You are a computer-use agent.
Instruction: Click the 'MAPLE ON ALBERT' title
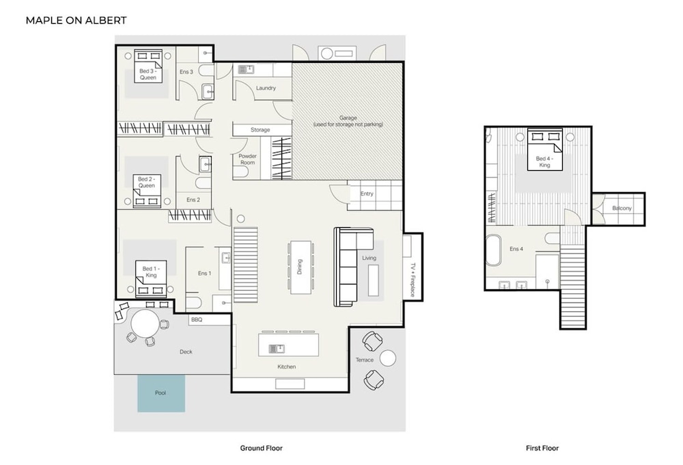coord(76,21)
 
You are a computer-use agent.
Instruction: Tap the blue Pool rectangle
coord(161,393)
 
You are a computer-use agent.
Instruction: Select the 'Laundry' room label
coord(266,88)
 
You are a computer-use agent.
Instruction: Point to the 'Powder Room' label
coord(247,159)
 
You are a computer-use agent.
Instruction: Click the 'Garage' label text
coord(348,118)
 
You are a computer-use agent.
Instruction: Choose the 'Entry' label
coord(367,194)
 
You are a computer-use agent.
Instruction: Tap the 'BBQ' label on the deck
coord(197,320)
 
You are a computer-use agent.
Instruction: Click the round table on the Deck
coord(145,323)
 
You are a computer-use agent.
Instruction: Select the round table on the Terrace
coord(388,358)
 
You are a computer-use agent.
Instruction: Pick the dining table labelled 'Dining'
coord(301,267)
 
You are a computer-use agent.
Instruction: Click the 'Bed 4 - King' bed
coord(544,149)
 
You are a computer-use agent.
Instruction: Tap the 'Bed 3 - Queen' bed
coord(148,66)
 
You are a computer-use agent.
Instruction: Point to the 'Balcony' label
coord(622,208)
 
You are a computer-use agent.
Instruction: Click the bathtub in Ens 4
coord(494,250)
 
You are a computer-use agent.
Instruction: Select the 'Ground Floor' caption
coord(262,448)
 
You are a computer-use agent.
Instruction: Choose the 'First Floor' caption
coord(542,448)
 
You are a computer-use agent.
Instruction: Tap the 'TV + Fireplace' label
coord(413,280)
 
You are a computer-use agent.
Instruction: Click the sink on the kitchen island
coord(277,349)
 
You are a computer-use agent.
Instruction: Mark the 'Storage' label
coord(260,130)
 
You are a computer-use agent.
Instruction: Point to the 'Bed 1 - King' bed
coord(151,279)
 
